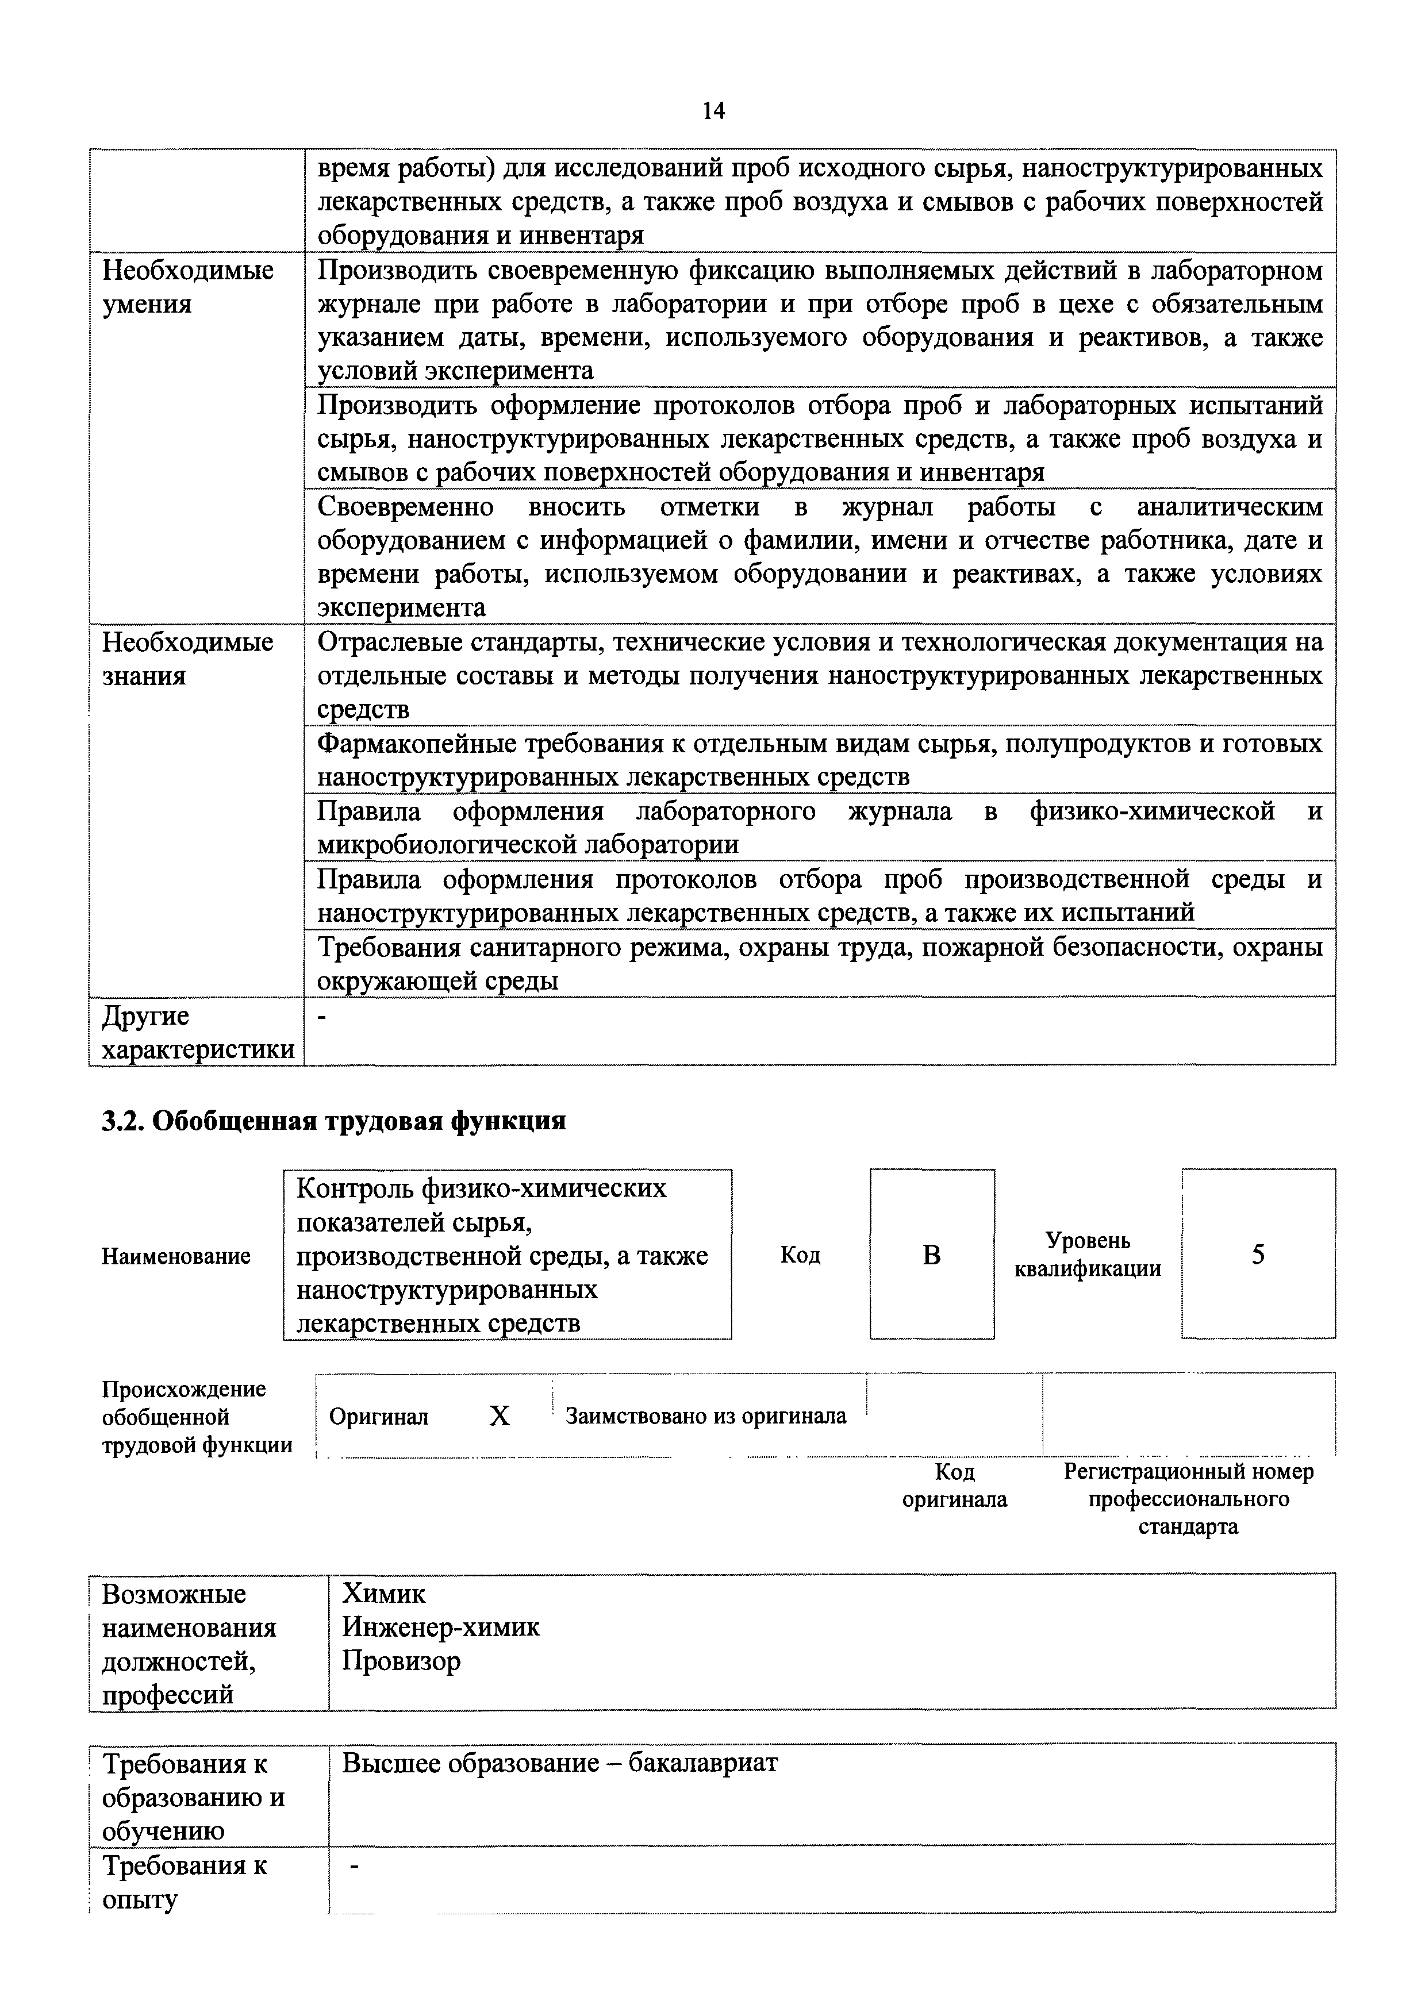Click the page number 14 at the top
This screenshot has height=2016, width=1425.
tap(713, 111)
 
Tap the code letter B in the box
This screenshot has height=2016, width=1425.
tap(932, 1256)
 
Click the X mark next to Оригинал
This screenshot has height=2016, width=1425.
tap(500, 1415)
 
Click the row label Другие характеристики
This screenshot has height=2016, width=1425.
tap(198, 1033)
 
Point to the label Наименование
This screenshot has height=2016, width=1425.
tap(175, 1256)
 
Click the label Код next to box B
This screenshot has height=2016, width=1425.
tap(800, 1256)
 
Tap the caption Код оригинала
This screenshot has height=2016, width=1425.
tap(954, 1485)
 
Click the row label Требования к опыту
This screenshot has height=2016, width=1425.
tap(185, 1882)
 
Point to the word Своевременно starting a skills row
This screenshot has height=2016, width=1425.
tap(406, 507)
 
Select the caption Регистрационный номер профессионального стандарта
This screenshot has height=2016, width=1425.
tap(1188, 1498)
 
